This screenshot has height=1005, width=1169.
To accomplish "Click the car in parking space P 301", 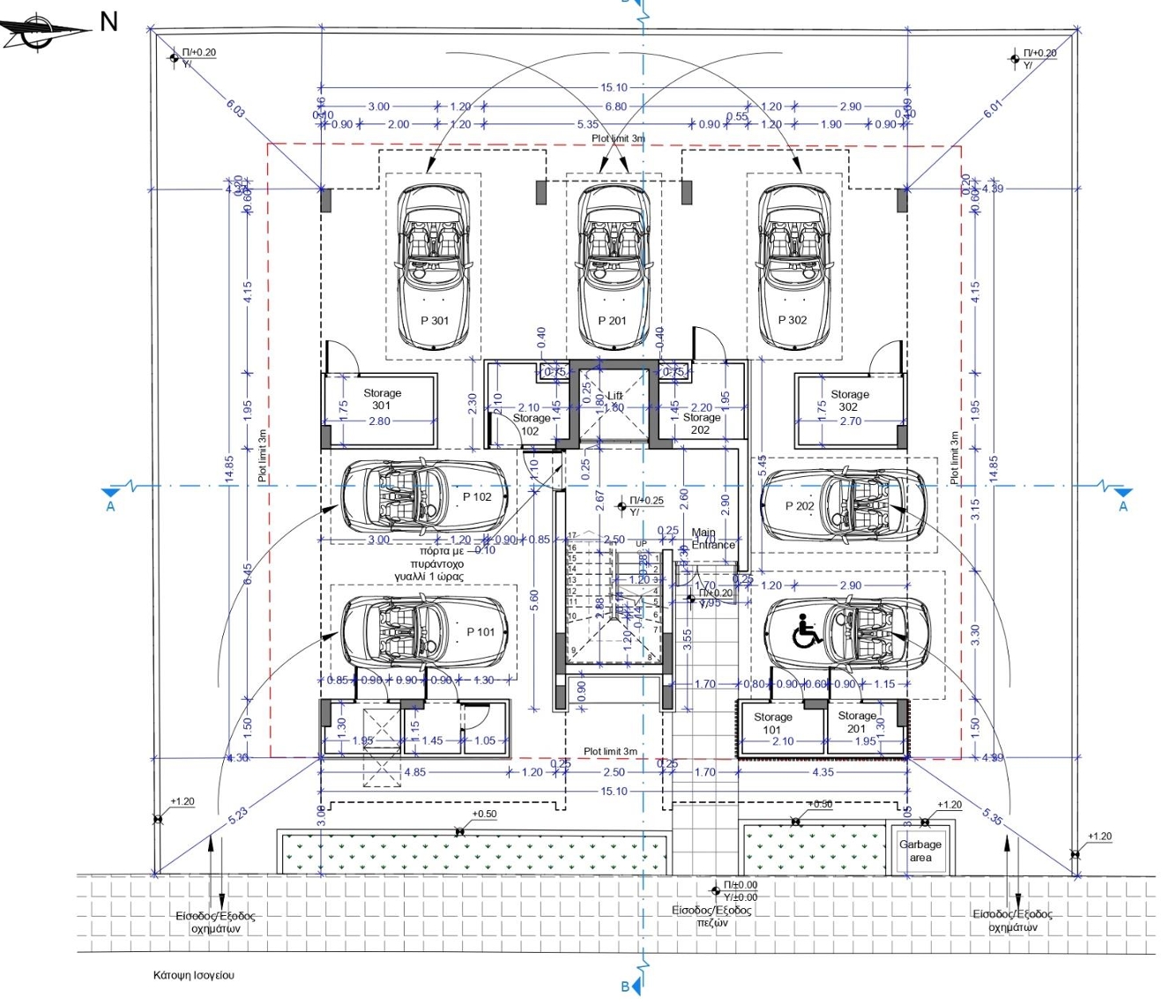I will (433, 264).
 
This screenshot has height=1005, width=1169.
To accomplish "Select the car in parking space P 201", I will (613, 264).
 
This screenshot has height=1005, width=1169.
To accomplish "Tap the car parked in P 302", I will (793, 264).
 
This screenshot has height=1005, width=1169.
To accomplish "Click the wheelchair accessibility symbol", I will (807, 630).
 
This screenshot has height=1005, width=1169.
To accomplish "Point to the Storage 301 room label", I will (382, 399).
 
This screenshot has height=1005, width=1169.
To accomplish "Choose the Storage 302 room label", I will (849, 400).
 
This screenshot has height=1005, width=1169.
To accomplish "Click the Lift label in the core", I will (614, 397).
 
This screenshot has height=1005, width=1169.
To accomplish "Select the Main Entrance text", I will (712, 539).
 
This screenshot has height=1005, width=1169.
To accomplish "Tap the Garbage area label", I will (920, 851).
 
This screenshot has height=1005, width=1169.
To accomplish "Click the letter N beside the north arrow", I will (108, 21).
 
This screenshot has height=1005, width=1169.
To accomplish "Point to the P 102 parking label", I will (477, 497).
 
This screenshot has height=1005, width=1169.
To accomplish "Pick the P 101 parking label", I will (480, 631).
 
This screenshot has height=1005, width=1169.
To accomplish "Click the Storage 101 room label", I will (772, 723).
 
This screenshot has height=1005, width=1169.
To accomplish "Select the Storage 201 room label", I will (856, 722).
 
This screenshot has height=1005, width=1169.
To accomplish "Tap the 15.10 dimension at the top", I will (614, 87).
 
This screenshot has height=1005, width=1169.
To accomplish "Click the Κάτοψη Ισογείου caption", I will (194, 975).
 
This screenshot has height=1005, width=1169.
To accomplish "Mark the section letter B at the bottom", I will (625, 986).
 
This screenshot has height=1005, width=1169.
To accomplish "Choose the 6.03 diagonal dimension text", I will (236, 108).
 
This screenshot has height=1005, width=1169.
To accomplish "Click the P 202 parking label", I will (800, 506).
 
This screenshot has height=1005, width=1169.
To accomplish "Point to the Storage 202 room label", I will (701, 424).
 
